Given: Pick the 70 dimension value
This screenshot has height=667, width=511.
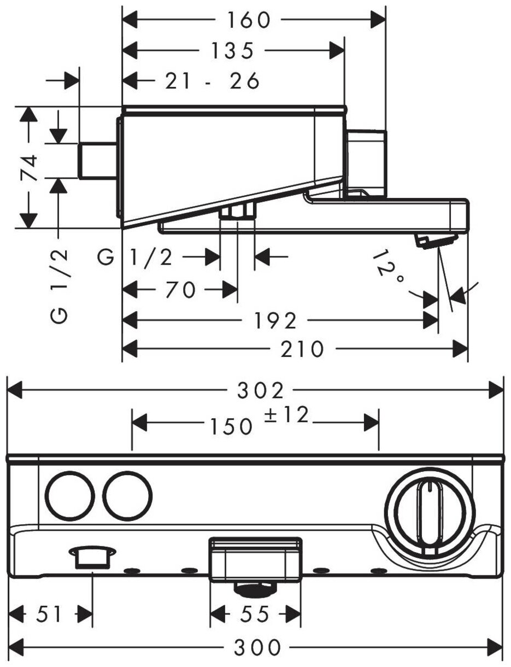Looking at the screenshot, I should pos(180,290).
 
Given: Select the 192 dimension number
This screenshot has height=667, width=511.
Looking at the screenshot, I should pos(275,321).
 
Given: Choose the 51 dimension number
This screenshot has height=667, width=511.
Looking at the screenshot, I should pos(50,615).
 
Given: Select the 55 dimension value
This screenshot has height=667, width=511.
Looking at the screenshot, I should pos(255,615).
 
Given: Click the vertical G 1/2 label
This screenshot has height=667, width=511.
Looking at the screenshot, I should pos(61,285).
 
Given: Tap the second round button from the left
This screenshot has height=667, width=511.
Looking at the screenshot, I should pos(127,496).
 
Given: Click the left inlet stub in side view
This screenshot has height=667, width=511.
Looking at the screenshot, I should pos(98,160).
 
